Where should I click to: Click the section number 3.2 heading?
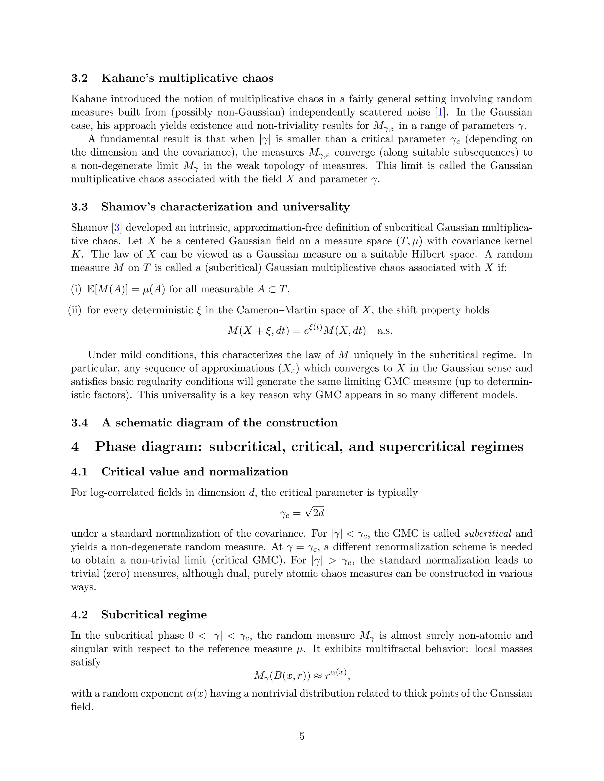coord(79,78)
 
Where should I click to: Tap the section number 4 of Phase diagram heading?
coord(75,446)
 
